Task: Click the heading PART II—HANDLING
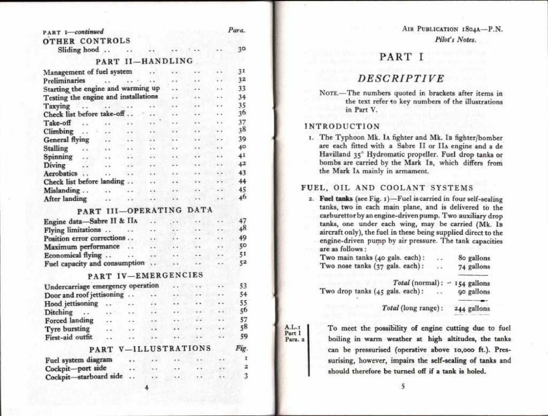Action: (x=144, y=61)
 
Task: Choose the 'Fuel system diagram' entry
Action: (x=78, y=360)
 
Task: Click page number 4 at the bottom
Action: (x=146, y=386)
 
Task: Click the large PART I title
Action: (x=402, y=56)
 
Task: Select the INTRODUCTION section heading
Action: (x=334, y=126)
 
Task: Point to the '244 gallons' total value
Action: (x=472, y=308)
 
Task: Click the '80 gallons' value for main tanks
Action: (x=474, y=258)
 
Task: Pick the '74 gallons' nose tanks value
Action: (x=474, y=267)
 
